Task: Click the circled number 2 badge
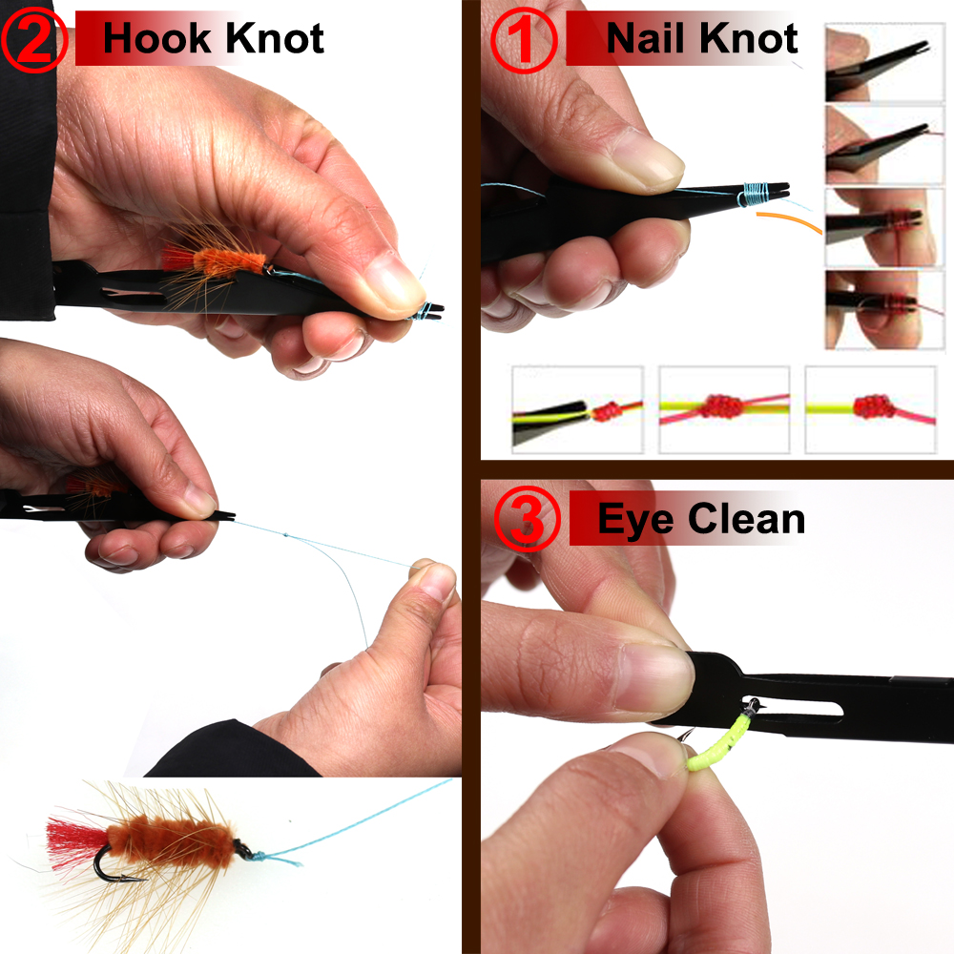pyautogui.click(x=35, y=40)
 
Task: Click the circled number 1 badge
pyautogui.click(x=523, y=40)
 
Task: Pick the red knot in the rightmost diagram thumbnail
pyautogui.click(x=870, y=408)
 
